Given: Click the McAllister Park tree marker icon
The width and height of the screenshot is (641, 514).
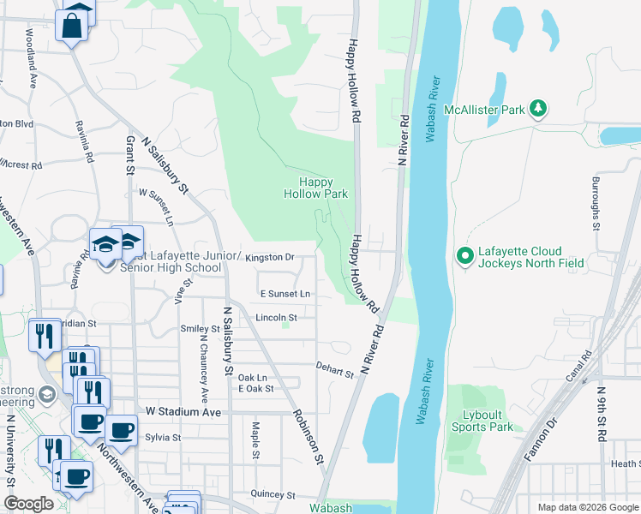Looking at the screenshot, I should coord(539,109).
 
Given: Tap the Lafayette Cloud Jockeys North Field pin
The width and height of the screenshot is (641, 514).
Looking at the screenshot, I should coord(464,255).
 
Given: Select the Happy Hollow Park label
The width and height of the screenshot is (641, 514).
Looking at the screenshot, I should coord(316,188).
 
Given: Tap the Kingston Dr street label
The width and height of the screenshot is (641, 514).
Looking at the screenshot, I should coord(269,256).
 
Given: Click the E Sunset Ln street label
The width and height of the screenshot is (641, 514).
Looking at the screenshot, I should coord(285,294).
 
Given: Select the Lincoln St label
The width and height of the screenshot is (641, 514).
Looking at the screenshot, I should coord(276,318).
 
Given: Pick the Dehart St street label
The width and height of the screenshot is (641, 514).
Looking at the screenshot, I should coord(333,370).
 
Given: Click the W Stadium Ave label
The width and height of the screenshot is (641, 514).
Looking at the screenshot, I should coord(184,411).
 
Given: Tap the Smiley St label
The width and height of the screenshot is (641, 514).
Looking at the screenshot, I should coord(200,328).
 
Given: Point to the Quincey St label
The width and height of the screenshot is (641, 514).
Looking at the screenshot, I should coord(273,494).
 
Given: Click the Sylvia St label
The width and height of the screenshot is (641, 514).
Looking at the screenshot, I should coord(163,437).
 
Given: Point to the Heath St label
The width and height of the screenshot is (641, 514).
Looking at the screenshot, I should coord(625,463).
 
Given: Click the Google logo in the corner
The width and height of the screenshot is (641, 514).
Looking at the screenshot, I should coord(29,504).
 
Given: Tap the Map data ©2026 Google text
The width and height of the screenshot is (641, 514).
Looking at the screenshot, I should coord(589,507).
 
